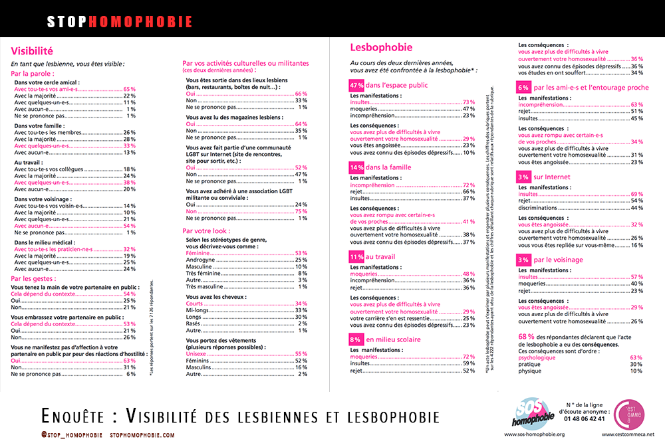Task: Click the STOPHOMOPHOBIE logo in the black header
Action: coord(120,21)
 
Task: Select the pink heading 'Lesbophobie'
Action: coord(381,47)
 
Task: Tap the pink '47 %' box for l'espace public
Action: coord(356,85)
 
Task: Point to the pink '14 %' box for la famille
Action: coord(356,167)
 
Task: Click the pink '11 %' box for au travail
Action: coord(356,256)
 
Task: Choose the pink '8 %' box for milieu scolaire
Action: coord(355,339)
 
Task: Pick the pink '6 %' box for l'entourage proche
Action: coord(523,88)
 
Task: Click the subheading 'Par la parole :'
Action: coord(33,74)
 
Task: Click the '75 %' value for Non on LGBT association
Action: coord(301,211)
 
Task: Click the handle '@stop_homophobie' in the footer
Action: coord(72,435)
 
